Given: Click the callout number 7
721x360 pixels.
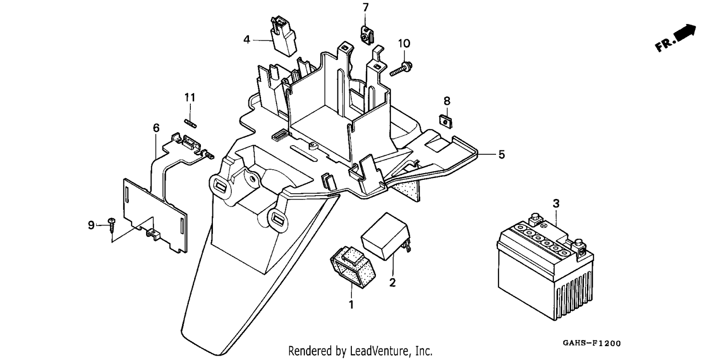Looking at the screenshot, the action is click(x=365, y=7).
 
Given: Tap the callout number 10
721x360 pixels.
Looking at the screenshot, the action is click(x=404, y=43).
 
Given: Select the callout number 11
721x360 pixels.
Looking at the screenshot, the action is click(x=190, y=97).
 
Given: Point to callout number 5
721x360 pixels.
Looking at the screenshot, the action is click(x=501, y=155).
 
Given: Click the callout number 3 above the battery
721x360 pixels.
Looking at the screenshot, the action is click(x=556, y=203).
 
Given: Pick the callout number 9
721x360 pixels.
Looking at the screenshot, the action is click(x=91, y=225).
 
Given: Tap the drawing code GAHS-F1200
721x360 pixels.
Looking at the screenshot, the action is click(x=592, y=343).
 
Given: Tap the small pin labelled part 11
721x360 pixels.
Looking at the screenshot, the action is click(x=190, y=123).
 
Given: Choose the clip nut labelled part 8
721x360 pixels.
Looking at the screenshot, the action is click(x=446, y=121).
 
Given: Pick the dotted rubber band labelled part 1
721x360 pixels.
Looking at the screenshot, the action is click(x=353, y=268).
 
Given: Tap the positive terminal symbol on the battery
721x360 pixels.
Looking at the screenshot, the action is click(x=543, y=225).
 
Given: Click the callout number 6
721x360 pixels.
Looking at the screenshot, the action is click(x=156, y=128).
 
